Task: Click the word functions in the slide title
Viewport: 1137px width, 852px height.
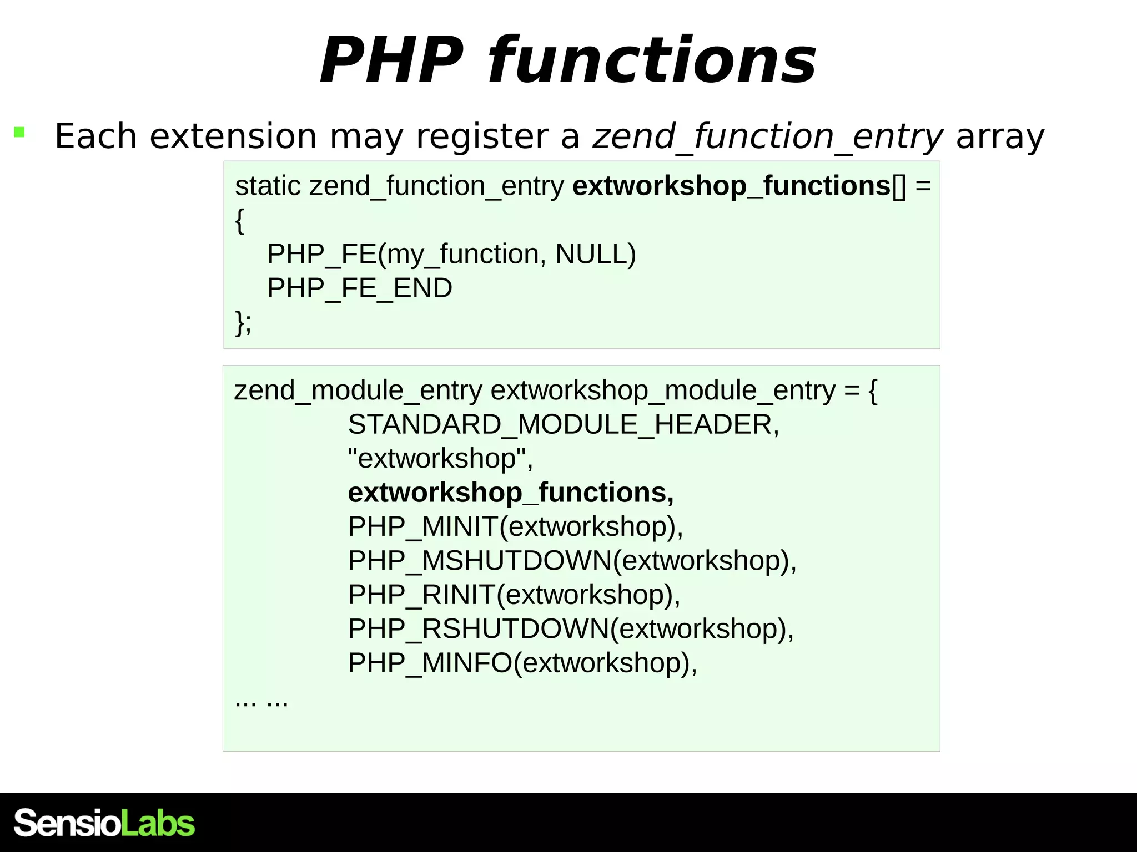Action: point(652,60)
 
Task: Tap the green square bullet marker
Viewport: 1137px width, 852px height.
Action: point(19,132)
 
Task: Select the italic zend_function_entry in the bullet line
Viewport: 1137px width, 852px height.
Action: point(768,136)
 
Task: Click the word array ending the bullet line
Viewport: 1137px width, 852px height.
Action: point(1000,136)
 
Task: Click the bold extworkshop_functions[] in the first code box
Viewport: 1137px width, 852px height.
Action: point(738,186)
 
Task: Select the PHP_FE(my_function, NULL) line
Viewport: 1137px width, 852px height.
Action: point(451,254)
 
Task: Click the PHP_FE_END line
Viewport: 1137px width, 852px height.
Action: point(360,288)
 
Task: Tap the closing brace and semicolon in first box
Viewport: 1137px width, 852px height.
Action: point(243,322)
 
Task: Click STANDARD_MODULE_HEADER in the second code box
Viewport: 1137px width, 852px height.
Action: point(564,425)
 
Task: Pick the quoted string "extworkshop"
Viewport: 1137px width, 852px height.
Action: point(440,459)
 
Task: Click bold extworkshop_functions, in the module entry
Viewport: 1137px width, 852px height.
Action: point(511,493)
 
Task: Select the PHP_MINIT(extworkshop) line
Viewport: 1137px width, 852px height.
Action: point(515,527)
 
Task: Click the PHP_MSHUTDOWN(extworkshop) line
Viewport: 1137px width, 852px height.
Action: point(572,561)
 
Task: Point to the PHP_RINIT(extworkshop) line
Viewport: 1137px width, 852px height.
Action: point(514,595)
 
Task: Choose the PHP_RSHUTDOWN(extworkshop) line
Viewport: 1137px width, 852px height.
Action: point(571,629)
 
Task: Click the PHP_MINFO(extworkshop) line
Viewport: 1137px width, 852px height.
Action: point(522,663)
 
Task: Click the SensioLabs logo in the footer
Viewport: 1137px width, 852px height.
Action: point(104,823)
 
